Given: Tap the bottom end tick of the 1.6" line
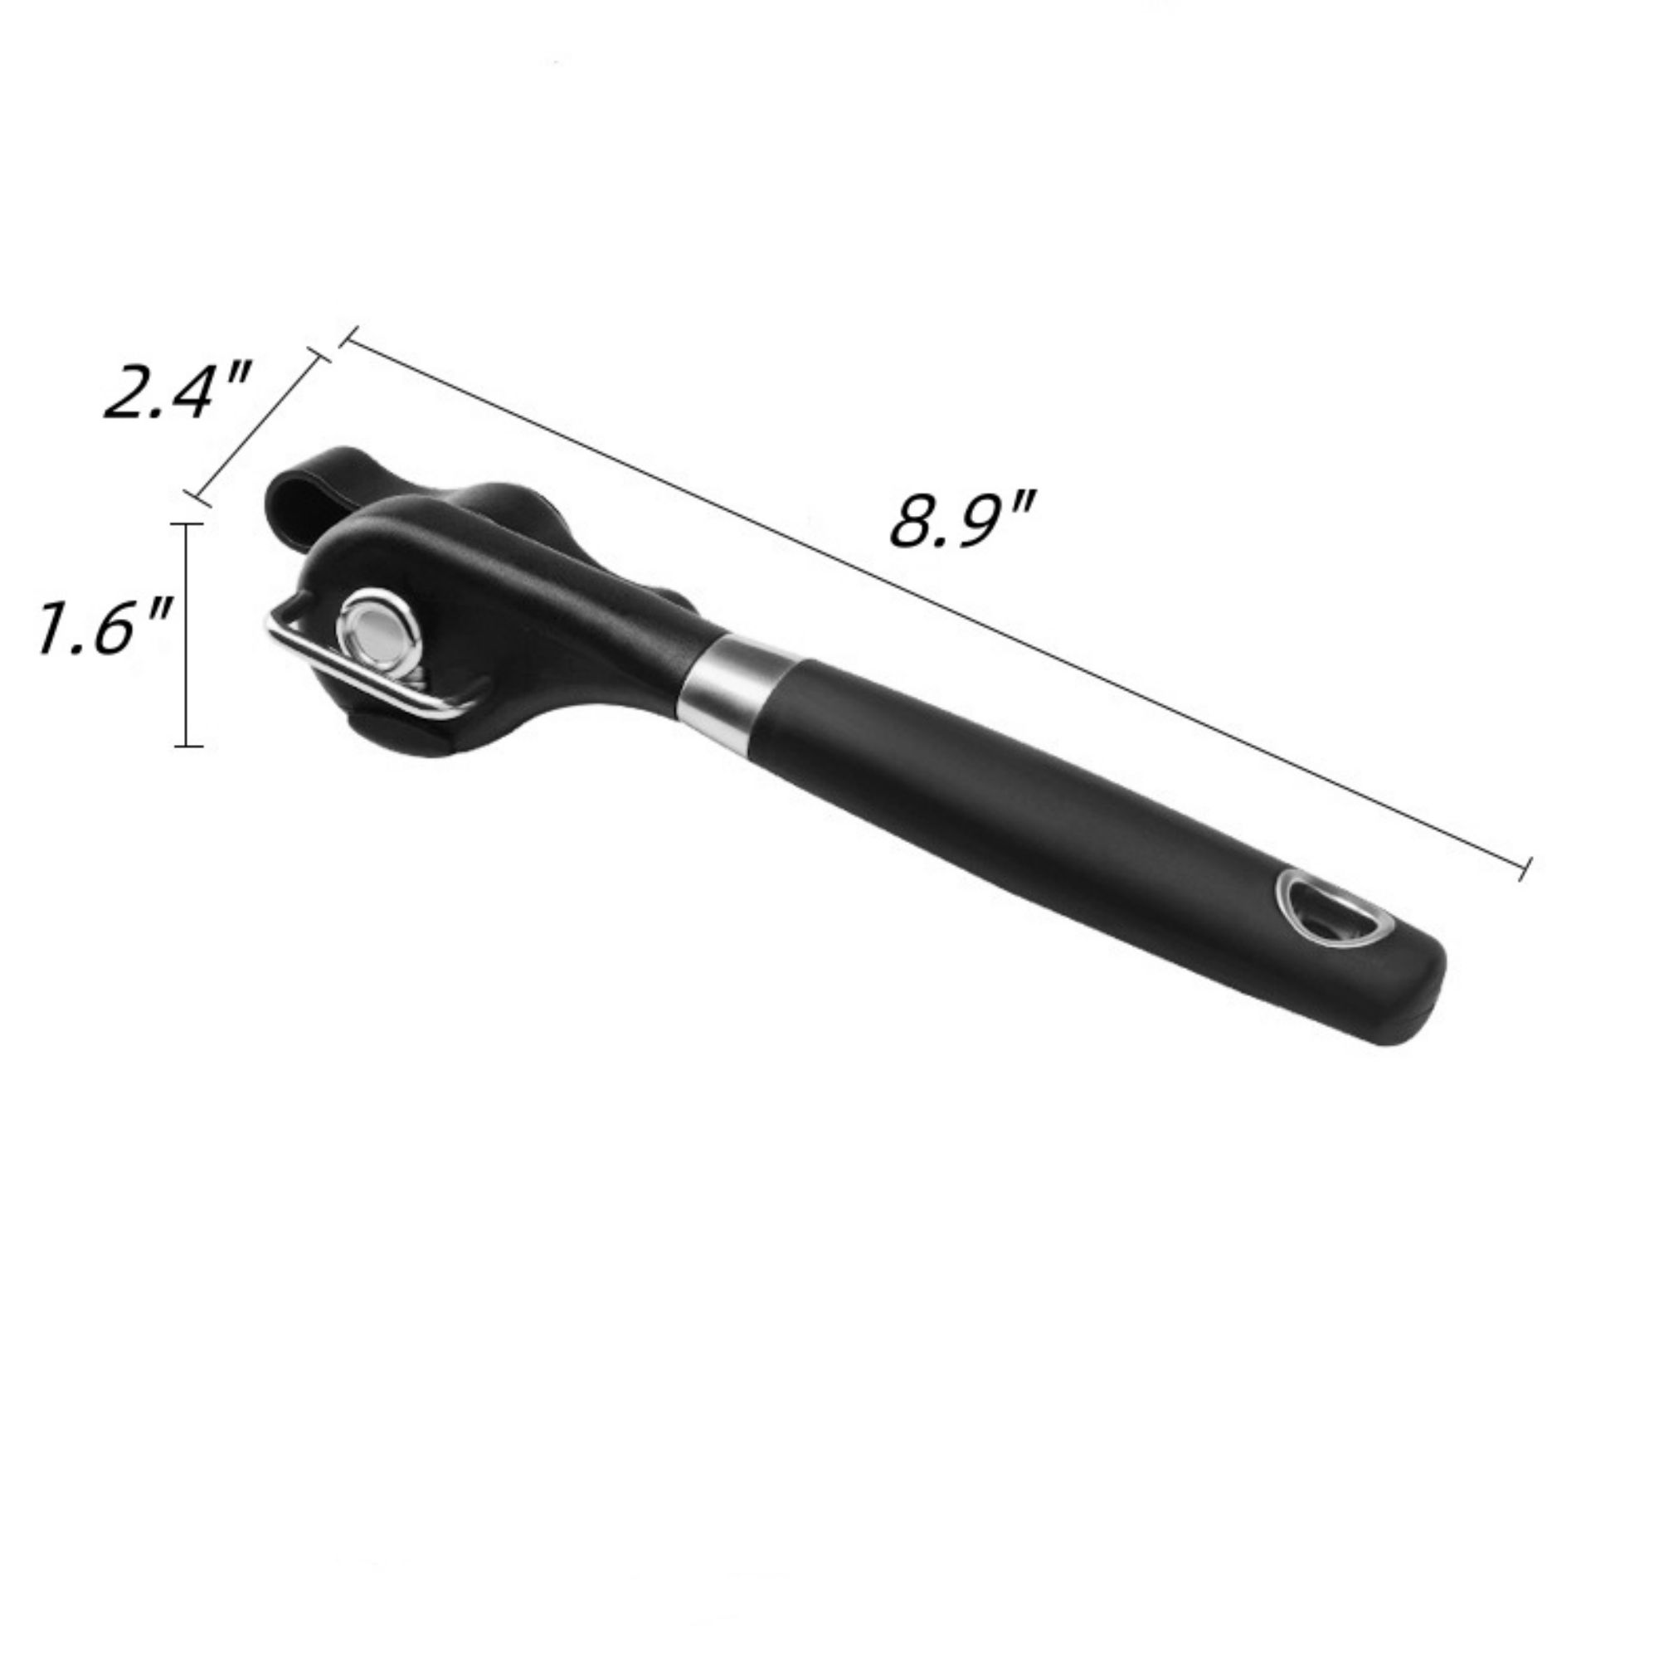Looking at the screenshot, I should coord(188,746).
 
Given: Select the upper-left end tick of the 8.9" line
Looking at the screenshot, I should coord(346,338).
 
